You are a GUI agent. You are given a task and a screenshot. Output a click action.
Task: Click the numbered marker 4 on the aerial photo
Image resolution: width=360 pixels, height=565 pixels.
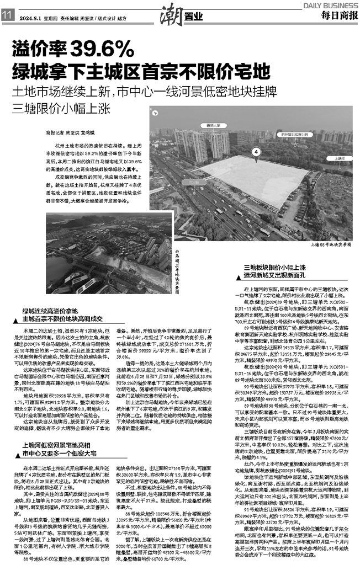pos(256,152)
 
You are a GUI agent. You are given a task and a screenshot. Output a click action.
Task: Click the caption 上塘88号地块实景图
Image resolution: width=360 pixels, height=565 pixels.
pos(330,243)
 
